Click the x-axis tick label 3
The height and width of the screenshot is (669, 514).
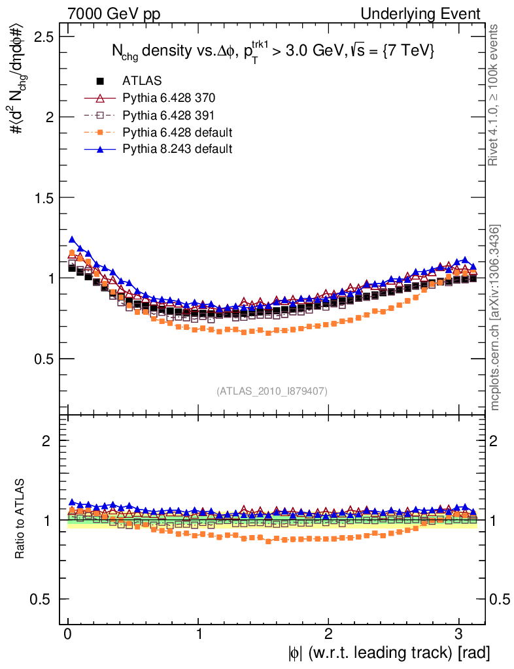459,634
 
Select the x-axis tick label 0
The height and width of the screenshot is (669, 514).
68,634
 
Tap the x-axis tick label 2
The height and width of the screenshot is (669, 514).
329,634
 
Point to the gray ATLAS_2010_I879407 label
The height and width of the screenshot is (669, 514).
272,391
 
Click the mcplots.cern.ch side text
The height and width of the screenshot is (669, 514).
495,318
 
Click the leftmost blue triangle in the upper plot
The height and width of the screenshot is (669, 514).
72,240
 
